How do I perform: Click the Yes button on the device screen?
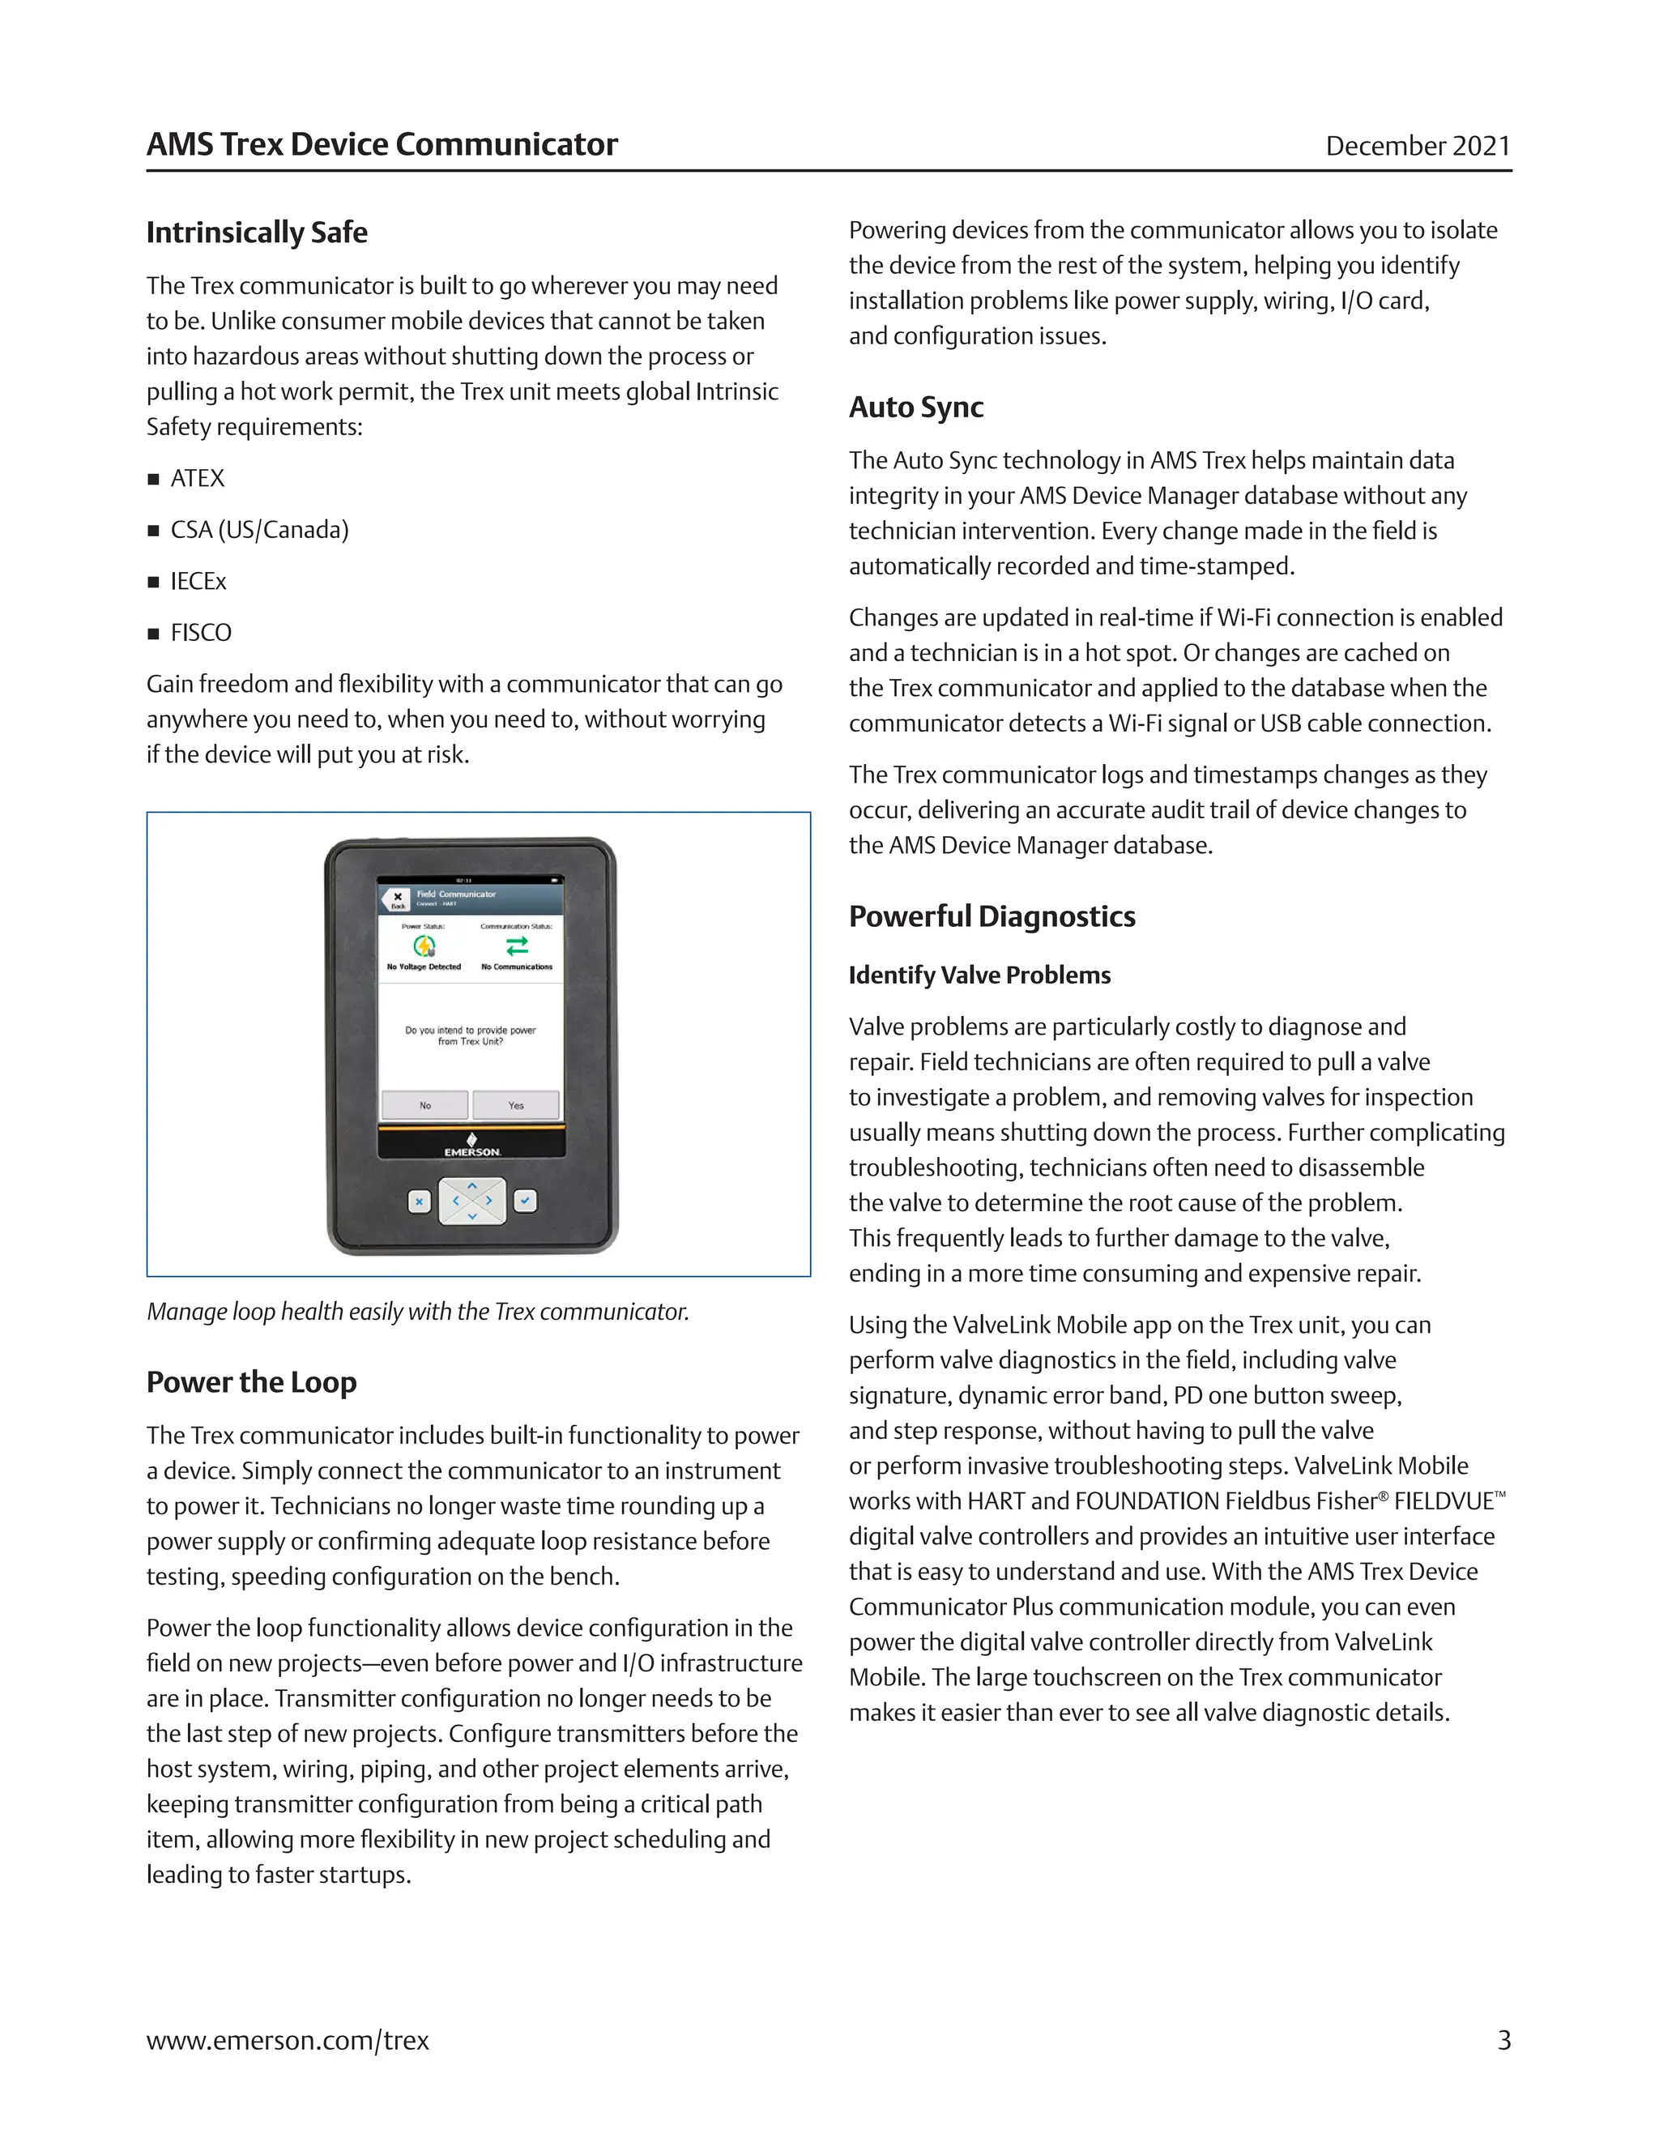pos(516,1105)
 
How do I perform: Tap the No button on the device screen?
pos(424,1105)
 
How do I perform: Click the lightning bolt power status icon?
pos(424,945)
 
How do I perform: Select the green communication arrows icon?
pos(517,945)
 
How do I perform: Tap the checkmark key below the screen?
pos(526,1201)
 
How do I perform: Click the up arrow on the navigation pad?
pos(473,1187)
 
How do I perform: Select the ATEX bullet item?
pos(198,479)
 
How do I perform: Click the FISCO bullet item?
pos(202,633)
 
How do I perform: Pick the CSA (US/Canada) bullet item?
pos(259,530)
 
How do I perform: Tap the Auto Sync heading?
pos(916,407)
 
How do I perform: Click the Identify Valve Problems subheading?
pos(980,975)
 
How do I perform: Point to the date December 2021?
pos(1418,147)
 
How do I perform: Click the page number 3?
pos(1503,2041)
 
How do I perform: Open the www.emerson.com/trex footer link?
pos(288,2041)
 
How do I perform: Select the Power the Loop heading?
pos(252,1382)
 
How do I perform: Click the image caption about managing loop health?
pos(418,1313)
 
